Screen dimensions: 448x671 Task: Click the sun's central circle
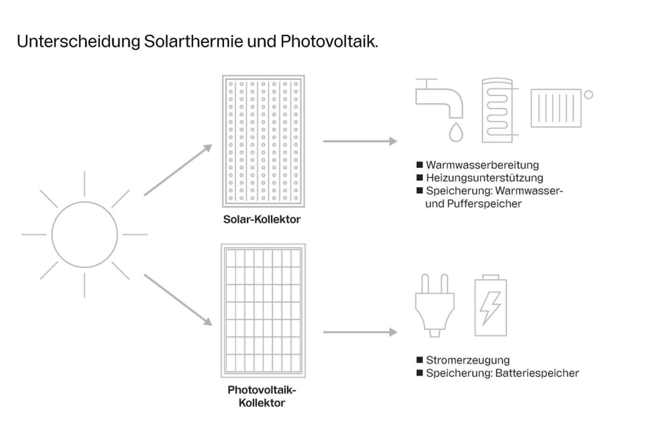[x=84, y=234]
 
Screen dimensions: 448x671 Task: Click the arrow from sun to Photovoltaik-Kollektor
[x=178, y=300]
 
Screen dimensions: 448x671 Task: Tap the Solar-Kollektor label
[x=261, y=219]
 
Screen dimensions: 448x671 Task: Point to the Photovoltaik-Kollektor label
[x=261, y=396]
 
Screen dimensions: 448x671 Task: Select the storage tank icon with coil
[x=497, y=111]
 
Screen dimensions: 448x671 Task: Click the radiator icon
[x=556, y=108]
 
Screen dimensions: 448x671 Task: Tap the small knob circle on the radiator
[x=589, y=95]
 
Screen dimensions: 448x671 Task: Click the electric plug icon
[x=434, y=306]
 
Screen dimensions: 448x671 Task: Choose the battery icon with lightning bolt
[x=490, y=306]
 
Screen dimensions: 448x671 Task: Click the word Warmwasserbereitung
[x=482, y=165]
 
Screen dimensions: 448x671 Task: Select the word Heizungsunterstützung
[x=484, y=178]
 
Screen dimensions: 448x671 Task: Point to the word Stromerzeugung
[x=467, y=360]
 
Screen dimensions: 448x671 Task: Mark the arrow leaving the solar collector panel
[x=360, y=141]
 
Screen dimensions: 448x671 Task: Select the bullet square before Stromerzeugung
[x=419, y=360]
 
